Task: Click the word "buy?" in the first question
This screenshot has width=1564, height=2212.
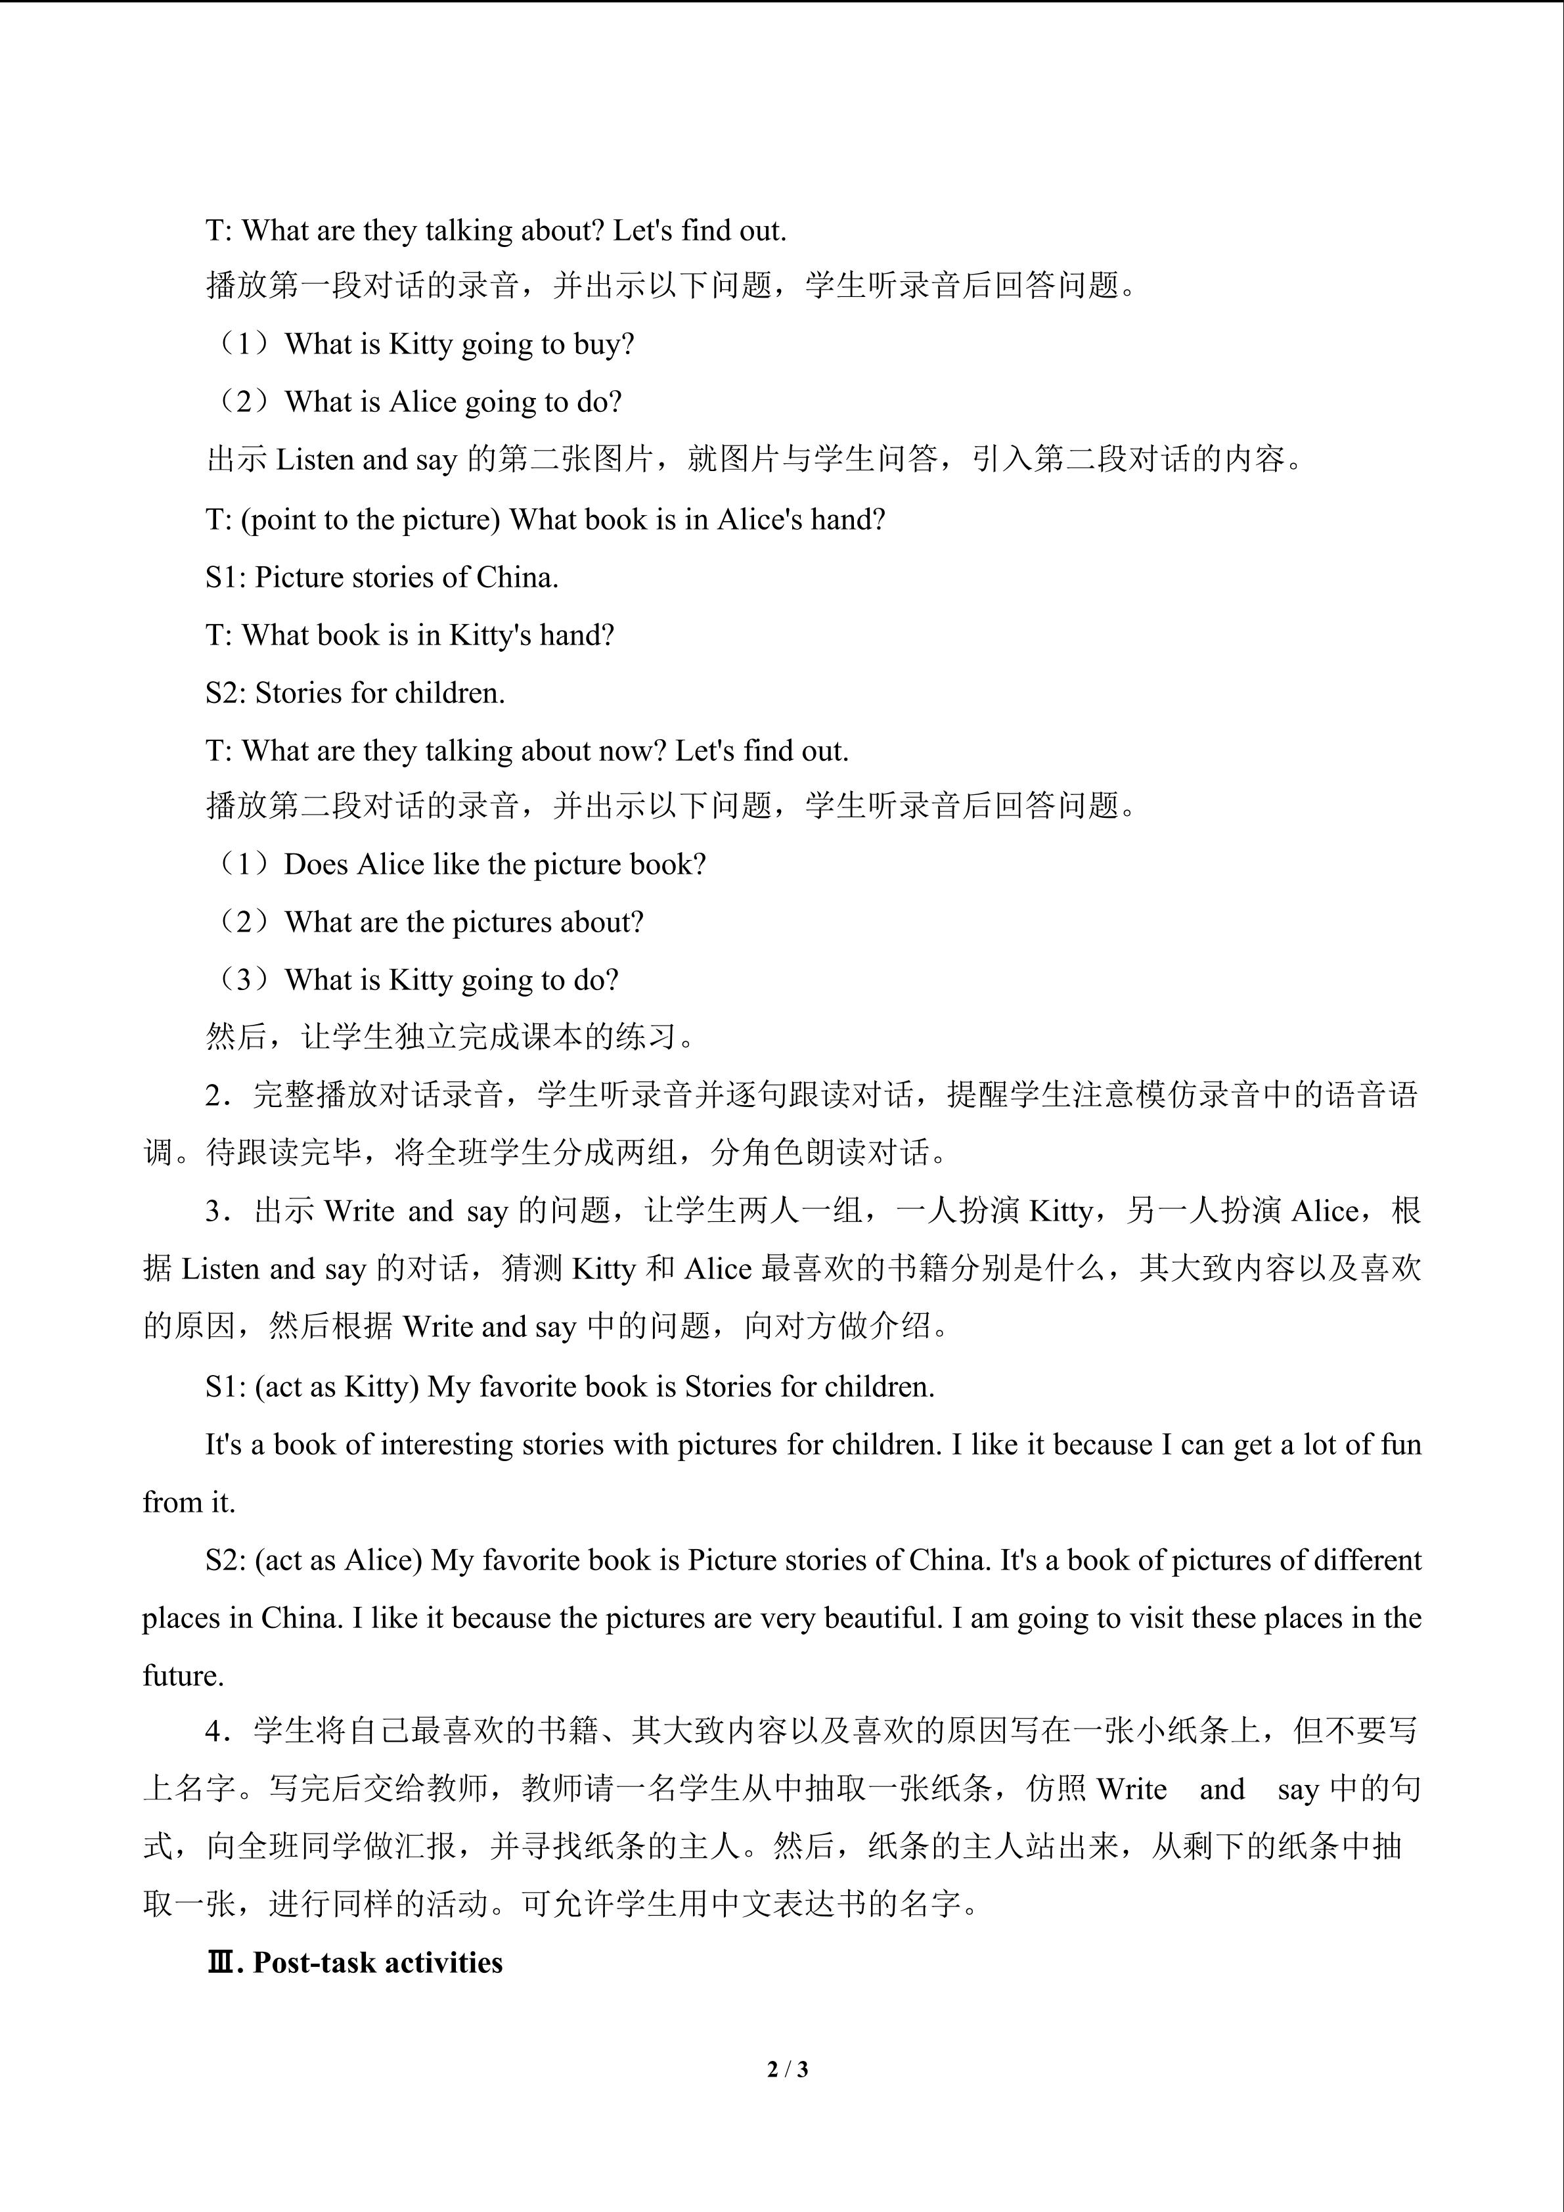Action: pos(603,345)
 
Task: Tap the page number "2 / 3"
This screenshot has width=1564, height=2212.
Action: pos(787,2068)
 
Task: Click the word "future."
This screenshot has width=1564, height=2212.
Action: pos(183,1677)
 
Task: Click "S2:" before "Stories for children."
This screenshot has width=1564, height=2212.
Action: pos(227,694)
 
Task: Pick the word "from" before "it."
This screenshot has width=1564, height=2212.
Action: pos(168,1503)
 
